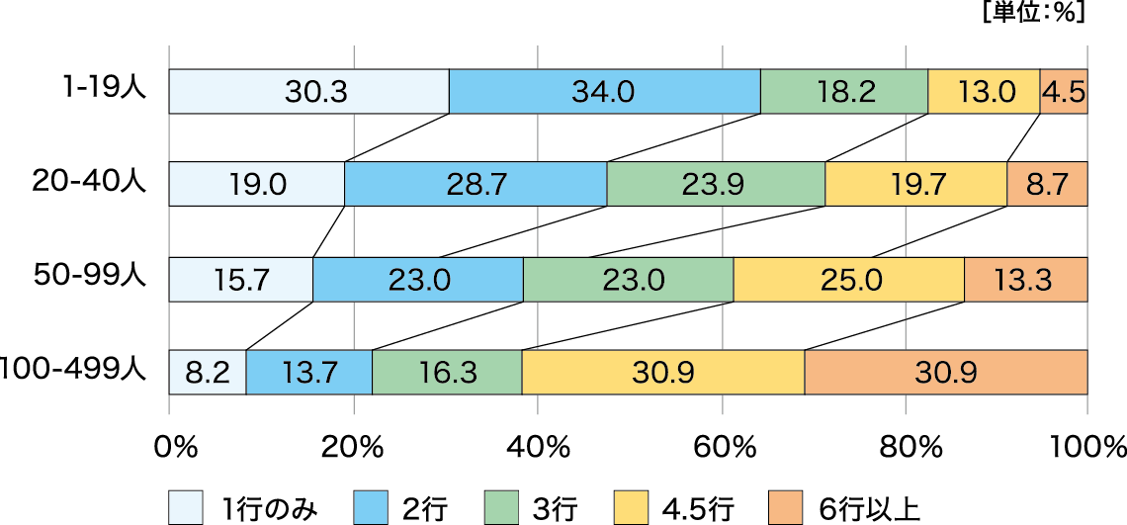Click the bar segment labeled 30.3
pyautogui.click(x=308, y=92)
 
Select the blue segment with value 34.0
pyautogui.click(x=604, y=92)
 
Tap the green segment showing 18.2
pyautogui.click(x=844, y=92)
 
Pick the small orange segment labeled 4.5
pyautogui.click(x=1064, y=92)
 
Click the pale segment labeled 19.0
pyautogui.click(x=257, y=185)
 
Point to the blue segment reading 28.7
pyautogui.click(x=476, y=185)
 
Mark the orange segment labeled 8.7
pyautogui.click(x=1047, y=185)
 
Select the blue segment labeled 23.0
pyautogui.click(x=418, y=280)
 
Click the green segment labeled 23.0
pyautogui.click(x=628, y=280)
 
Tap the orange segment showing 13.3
pyautogui.click(x=1025, y=280)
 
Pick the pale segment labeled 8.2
pyautogui.click(x=208, y=373)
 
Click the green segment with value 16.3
pyautogui.click(x=447, y=373)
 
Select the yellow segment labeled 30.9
pyautogui.click(x=663, y=373)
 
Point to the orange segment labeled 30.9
pyautogui.click(x=946, y=373)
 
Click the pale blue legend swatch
pyautogui.click(x=186, y=507)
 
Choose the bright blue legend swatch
pyautogui.click(x=371, y=507)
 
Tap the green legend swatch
pyautogui.click(x=501, y=507)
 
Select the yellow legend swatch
pyautogui.click(x=631, y=507)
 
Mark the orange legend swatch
pyautogui.click(x=786, y=507)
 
